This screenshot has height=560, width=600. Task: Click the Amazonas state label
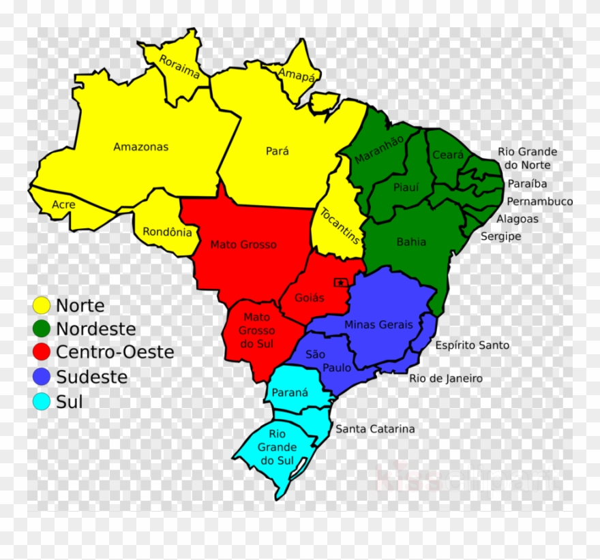click(140, 146)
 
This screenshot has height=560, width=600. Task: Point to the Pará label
click(277, 151)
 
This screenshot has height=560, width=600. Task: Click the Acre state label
click(63, 204)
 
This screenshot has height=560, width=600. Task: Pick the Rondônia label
click(167, 232)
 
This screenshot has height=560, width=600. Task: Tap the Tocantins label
click(340, 225)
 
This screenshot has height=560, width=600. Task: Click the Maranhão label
click(378, 149)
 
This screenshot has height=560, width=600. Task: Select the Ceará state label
click(448, 155)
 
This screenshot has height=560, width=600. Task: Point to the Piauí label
click(406, 187)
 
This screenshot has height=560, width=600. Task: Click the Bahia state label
click(411, 241)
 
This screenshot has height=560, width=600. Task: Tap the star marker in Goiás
click(340, 282)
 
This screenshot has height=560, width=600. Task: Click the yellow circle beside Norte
click(42, 305)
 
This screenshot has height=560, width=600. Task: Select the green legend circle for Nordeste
click(42, 328)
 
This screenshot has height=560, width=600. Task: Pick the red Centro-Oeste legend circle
click(42, 352)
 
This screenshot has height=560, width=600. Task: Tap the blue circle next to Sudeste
click(42, 377)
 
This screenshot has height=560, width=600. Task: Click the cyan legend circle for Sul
click(42, 401)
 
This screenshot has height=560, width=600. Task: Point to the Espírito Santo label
click(472, 345)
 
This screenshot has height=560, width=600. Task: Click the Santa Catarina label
click(374, 429)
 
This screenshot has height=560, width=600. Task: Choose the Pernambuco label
click(539, 202)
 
